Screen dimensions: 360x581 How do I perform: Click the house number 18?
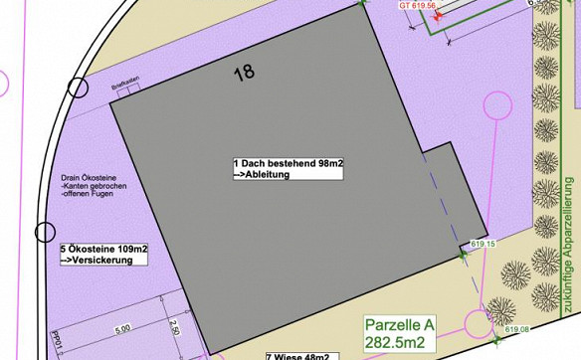[x=244, y=73]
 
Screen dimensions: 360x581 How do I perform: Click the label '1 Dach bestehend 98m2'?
[x=288, y=162]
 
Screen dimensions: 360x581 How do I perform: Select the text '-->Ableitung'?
[x=261, y=174]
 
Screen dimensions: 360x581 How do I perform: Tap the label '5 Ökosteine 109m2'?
[x=103, y=248]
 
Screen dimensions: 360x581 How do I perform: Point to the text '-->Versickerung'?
[x=91, y=260]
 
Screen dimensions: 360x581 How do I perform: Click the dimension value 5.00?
[x=122, y=329]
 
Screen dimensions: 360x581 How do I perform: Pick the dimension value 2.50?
[x=175, y=327]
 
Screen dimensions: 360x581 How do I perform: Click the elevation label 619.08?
[x=516, y=329]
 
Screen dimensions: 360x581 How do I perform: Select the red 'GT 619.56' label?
[x=417, y=5]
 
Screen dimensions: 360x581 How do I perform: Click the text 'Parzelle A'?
[x=400, y=325]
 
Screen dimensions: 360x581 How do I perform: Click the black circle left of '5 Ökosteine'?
[x=45, y=233]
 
